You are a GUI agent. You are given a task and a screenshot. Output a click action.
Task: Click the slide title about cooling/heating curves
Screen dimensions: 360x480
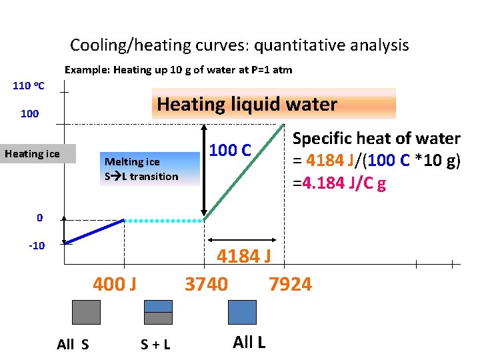239,45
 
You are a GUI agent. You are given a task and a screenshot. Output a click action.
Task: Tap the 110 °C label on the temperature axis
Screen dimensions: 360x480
29,85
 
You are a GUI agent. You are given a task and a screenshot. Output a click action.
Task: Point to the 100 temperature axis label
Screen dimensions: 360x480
29,114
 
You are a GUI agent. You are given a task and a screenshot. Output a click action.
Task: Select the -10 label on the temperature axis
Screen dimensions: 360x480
36,245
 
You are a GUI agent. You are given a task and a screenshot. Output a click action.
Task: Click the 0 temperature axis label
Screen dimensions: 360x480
40,217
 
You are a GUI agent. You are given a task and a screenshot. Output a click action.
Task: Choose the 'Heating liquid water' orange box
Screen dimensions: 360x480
273,104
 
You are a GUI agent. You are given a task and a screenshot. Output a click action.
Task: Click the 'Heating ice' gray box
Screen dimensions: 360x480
33,154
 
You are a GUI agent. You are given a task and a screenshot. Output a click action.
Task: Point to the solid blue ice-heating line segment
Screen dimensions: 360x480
95,231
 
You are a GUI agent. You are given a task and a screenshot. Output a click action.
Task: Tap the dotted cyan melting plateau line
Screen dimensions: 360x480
164,221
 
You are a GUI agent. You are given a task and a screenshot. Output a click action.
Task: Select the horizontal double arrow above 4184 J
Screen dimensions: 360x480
241,239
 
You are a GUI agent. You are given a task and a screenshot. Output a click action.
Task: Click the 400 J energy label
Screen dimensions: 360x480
115,285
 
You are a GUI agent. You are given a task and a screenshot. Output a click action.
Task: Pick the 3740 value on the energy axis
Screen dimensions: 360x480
206,285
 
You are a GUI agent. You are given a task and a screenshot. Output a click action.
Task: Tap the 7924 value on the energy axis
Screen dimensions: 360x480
290,285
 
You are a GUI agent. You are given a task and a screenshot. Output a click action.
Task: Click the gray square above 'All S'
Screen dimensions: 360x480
86,312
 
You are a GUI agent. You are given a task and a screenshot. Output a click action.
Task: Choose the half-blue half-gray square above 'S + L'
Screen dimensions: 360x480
158,312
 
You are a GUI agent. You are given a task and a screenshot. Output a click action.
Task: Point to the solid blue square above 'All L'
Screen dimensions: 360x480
242,312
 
